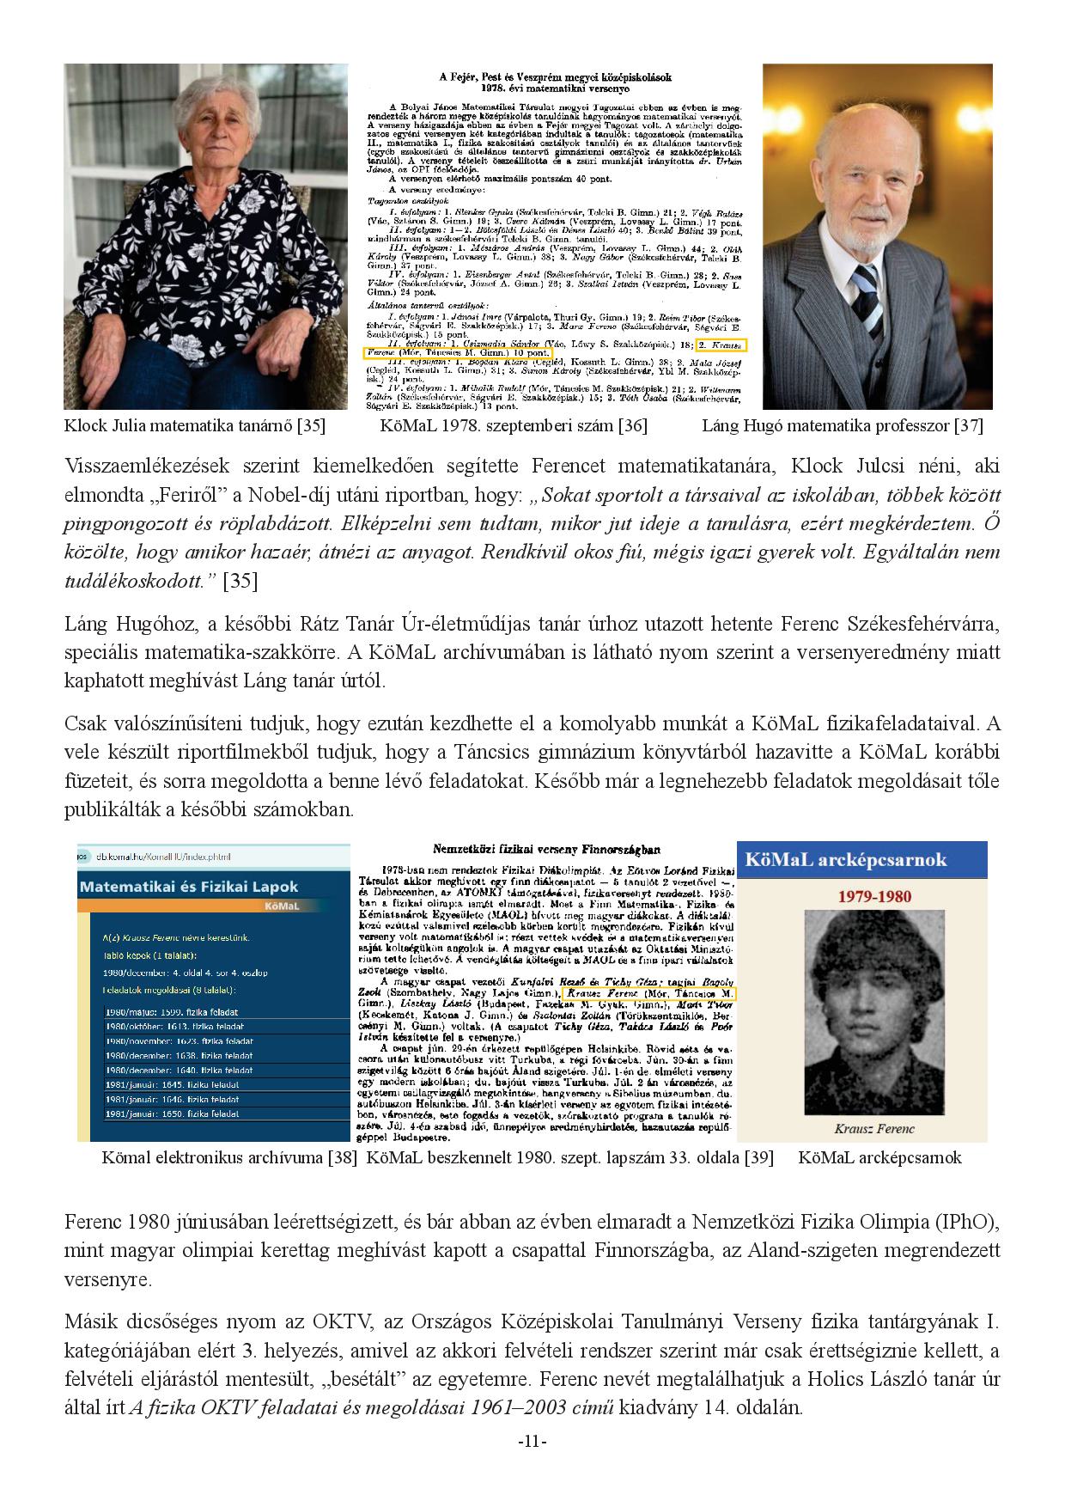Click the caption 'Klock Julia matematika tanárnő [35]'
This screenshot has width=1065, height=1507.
coord(194,425)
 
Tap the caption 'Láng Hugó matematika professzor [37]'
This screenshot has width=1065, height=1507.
coord(843,425)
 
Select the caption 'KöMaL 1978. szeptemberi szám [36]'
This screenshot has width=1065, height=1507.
coord(514,425)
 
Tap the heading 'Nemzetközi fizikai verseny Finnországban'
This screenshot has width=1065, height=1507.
coord(550,851)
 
